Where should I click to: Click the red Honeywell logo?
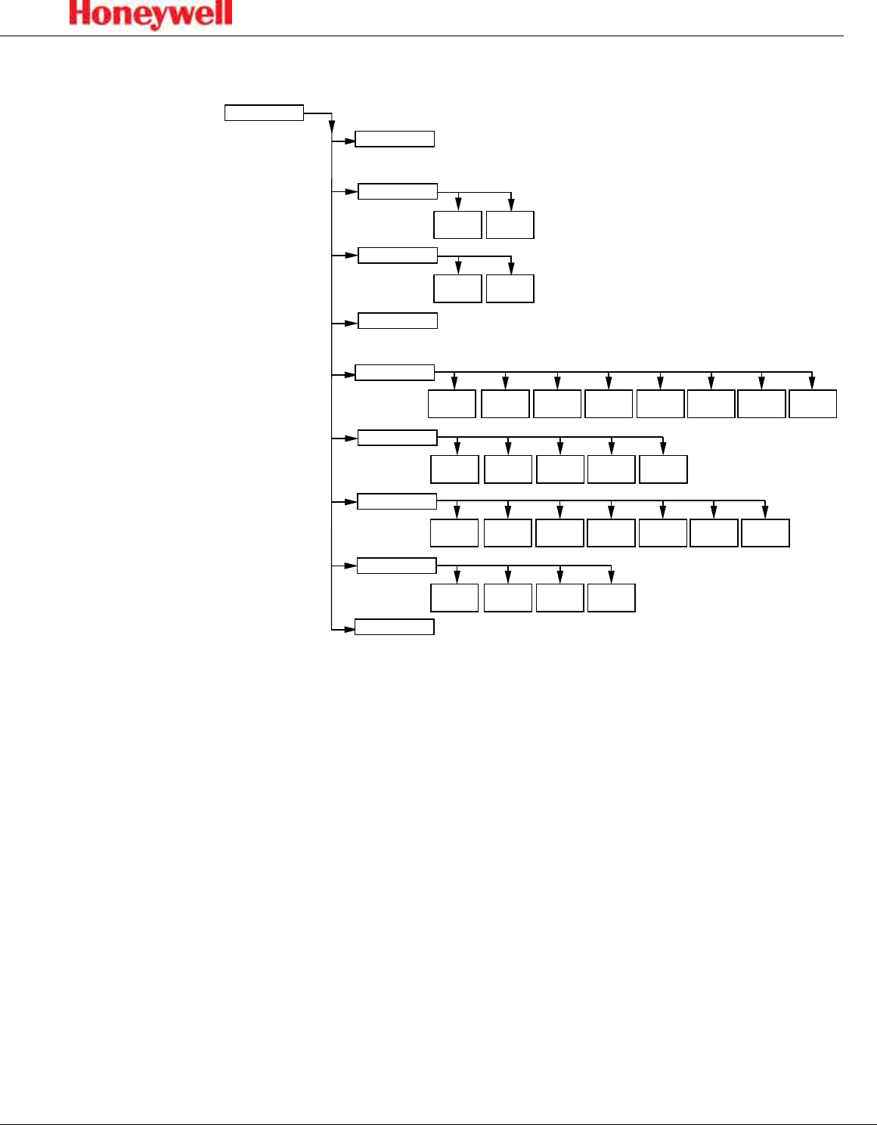(151, 14)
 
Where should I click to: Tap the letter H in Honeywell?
(81, 14)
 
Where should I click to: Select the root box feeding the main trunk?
(264, 113)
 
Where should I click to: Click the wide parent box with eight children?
(395, 372)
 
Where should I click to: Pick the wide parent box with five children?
(397, 438)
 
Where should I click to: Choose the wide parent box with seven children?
(397, 501)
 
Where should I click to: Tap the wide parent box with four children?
(397, 566)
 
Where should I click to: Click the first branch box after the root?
(395, 139)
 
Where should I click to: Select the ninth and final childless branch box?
(395, 627)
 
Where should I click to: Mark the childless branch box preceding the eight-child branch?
(398, 321)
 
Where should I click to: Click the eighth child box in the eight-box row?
(813, 404)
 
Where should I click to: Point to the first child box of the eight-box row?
(452, 404)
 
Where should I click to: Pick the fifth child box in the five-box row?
(663, 469)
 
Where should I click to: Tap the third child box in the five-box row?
(560, 469)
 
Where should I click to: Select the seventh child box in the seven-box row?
(765, 533)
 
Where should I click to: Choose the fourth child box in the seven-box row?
(611, 533)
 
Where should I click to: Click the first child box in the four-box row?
(454, 597)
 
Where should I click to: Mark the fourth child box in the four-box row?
(611, 597)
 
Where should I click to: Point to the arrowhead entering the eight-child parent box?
(350, 373)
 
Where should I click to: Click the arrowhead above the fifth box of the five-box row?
(663, 449)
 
